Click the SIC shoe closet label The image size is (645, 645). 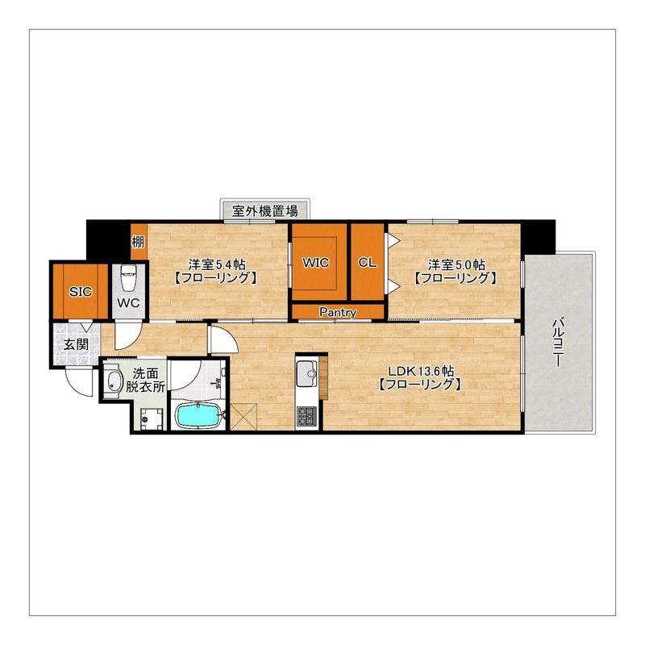coord(81,292)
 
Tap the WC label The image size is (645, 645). coord(128,303)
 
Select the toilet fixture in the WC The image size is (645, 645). coord(128,277)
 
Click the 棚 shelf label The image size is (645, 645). coord(138,242)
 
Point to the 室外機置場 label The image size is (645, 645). coord(265,211)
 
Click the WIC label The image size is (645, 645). coord(315,263)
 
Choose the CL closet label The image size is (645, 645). coord(368,263)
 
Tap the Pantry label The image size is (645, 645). coord(338,312)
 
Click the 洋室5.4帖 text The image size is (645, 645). coord(217,264)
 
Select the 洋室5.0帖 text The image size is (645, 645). coord(456,264)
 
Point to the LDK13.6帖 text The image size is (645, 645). coord(421,371)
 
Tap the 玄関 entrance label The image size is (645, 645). coord(76,344)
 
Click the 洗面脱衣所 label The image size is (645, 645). coord(145,380)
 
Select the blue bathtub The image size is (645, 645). coord(198,415)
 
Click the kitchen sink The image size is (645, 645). coord(306,373)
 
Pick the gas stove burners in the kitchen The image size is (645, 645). coord(306,416)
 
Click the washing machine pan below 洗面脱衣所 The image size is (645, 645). coord(152,418)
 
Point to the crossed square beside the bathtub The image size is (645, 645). coord(243,417)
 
